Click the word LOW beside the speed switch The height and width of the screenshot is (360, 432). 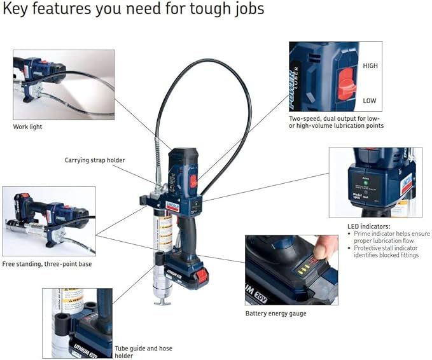click(370, 100)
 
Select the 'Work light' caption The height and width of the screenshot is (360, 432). click(27, 127)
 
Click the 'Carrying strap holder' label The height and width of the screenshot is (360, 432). click(95, 160)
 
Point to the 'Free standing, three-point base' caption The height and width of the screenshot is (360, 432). click(46, 263)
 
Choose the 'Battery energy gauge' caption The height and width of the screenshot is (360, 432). click(275, 313)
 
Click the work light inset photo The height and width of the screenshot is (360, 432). click(64, 84)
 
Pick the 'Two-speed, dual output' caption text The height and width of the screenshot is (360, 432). click(336, 122)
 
